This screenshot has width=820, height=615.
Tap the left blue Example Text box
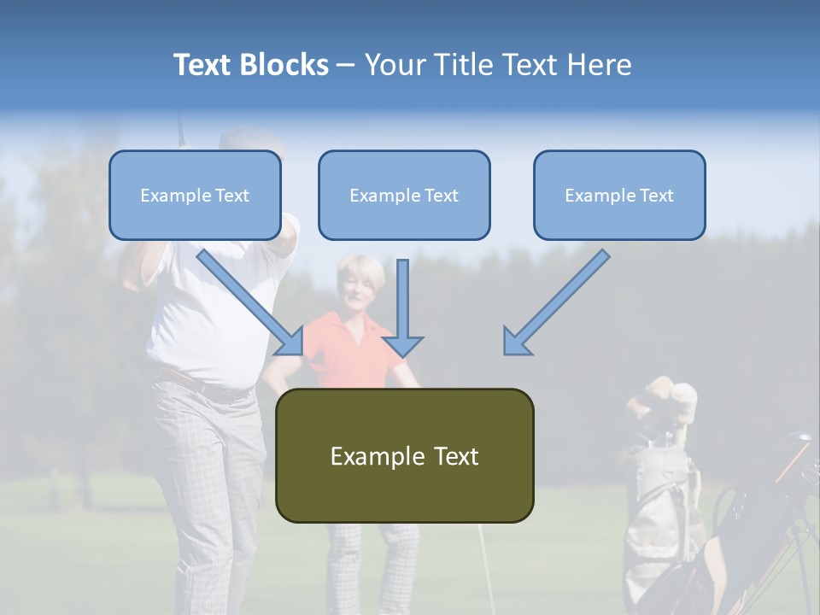(195, 196)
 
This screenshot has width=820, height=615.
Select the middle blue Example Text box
(404, 196)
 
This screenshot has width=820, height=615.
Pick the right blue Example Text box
(619, 196)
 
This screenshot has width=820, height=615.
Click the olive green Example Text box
(404, 456)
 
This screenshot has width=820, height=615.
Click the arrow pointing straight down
(403, 307)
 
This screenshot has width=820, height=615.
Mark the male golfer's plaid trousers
(209, 478)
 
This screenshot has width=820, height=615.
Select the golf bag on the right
(658, 512)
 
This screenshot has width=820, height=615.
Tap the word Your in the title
(395, 65)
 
